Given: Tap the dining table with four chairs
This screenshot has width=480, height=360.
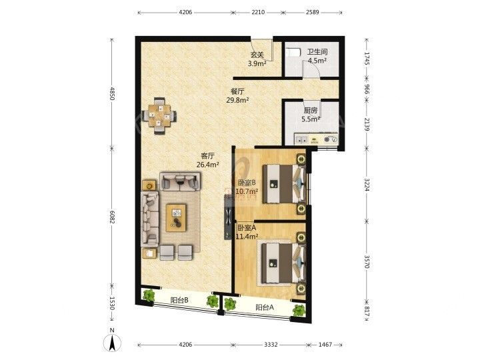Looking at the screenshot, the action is tap(159, 116).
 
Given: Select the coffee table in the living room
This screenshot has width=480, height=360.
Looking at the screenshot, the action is tap(176, 217).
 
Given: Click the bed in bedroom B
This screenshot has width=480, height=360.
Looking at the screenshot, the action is tap(284, 184).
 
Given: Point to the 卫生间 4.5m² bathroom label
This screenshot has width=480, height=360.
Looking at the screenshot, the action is tap(317, 56).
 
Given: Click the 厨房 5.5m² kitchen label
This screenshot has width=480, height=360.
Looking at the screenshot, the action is tap(311, 115).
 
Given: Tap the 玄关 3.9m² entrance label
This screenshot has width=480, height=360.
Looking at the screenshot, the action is tap(257, 59).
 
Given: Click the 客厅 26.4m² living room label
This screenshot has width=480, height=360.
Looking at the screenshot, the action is tap(207, 160).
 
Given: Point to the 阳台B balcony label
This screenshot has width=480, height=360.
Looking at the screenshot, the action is tap(179, 300).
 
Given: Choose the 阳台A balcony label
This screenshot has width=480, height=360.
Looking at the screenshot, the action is tap(265, 307).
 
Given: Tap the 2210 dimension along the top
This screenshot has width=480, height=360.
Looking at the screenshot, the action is tap(258, 12).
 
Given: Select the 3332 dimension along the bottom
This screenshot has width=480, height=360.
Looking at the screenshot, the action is tap(271, 345).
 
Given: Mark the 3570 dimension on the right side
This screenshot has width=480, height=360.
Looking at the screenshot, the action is tap(367, 260).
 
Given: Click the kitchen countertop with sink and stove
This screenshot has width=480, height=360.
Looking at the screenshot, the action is tap(316, 139).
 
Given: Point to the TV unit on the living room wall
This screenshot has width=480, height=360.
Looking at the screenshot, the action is tap(228, 217).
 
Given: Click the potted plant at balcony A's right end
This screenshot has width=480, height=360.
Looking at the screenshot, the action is tap(299, 311).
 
